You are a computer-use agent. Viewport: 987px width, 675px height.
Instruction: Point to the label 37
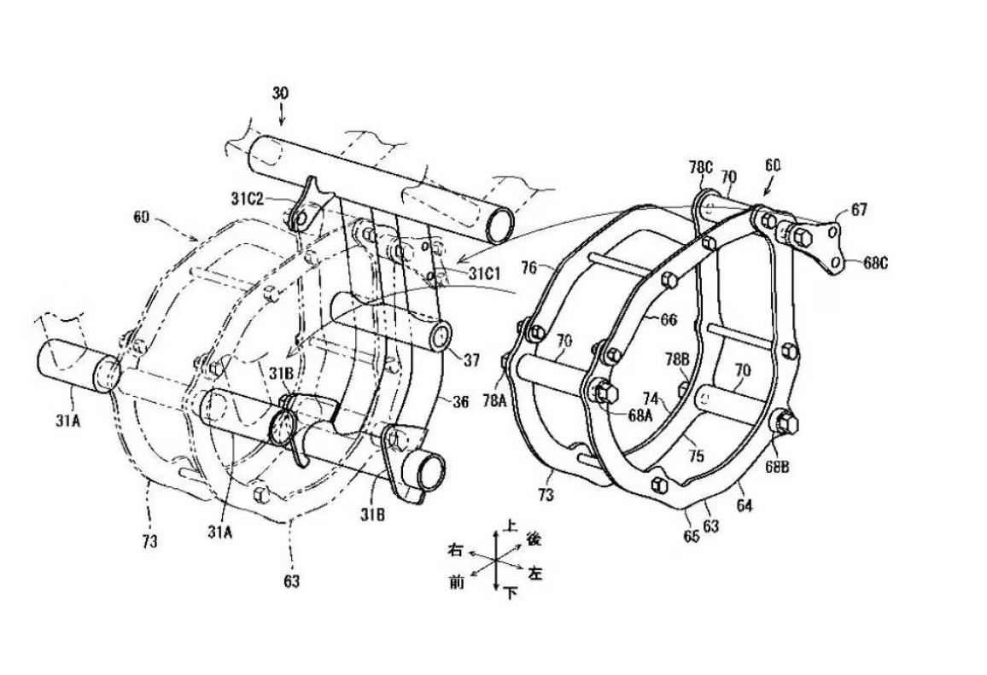(472, 362)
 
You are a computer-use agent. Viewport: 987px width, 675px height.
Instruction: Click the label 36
(460, 401)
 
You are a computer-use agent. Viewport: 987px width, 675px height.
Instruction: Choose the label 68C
(875, 263)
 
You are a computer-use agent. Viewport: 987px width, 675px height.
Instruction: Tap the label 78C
(700, 168)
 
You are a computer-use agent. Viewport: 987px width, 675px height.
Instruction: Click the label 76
(529, 269)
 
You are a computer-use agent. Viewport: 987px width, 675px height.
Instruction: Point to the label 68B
(777, 466)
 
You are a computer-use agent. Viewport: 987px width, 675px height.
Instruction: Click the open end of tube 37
(440, 335)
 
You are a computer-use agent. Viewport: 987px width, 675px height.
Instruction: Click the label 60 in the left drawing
(140, 218)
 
